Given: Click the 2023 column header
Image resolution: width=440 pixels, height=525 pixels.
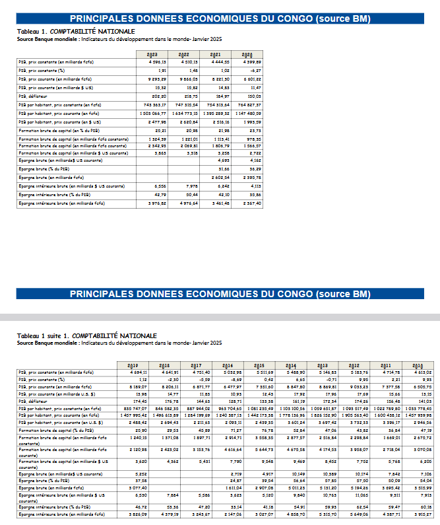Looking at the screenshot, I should pos(152,55).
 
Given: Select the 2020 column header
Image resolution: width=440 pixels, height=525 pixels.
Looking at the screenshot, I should pos(248,55).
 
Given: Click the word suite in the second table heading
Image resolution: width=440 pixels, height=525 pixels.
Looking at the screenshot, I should pos(55,336).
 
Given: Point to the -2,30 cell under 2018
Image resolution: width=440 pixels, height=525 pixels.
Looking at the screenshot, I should pos(171,379).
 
